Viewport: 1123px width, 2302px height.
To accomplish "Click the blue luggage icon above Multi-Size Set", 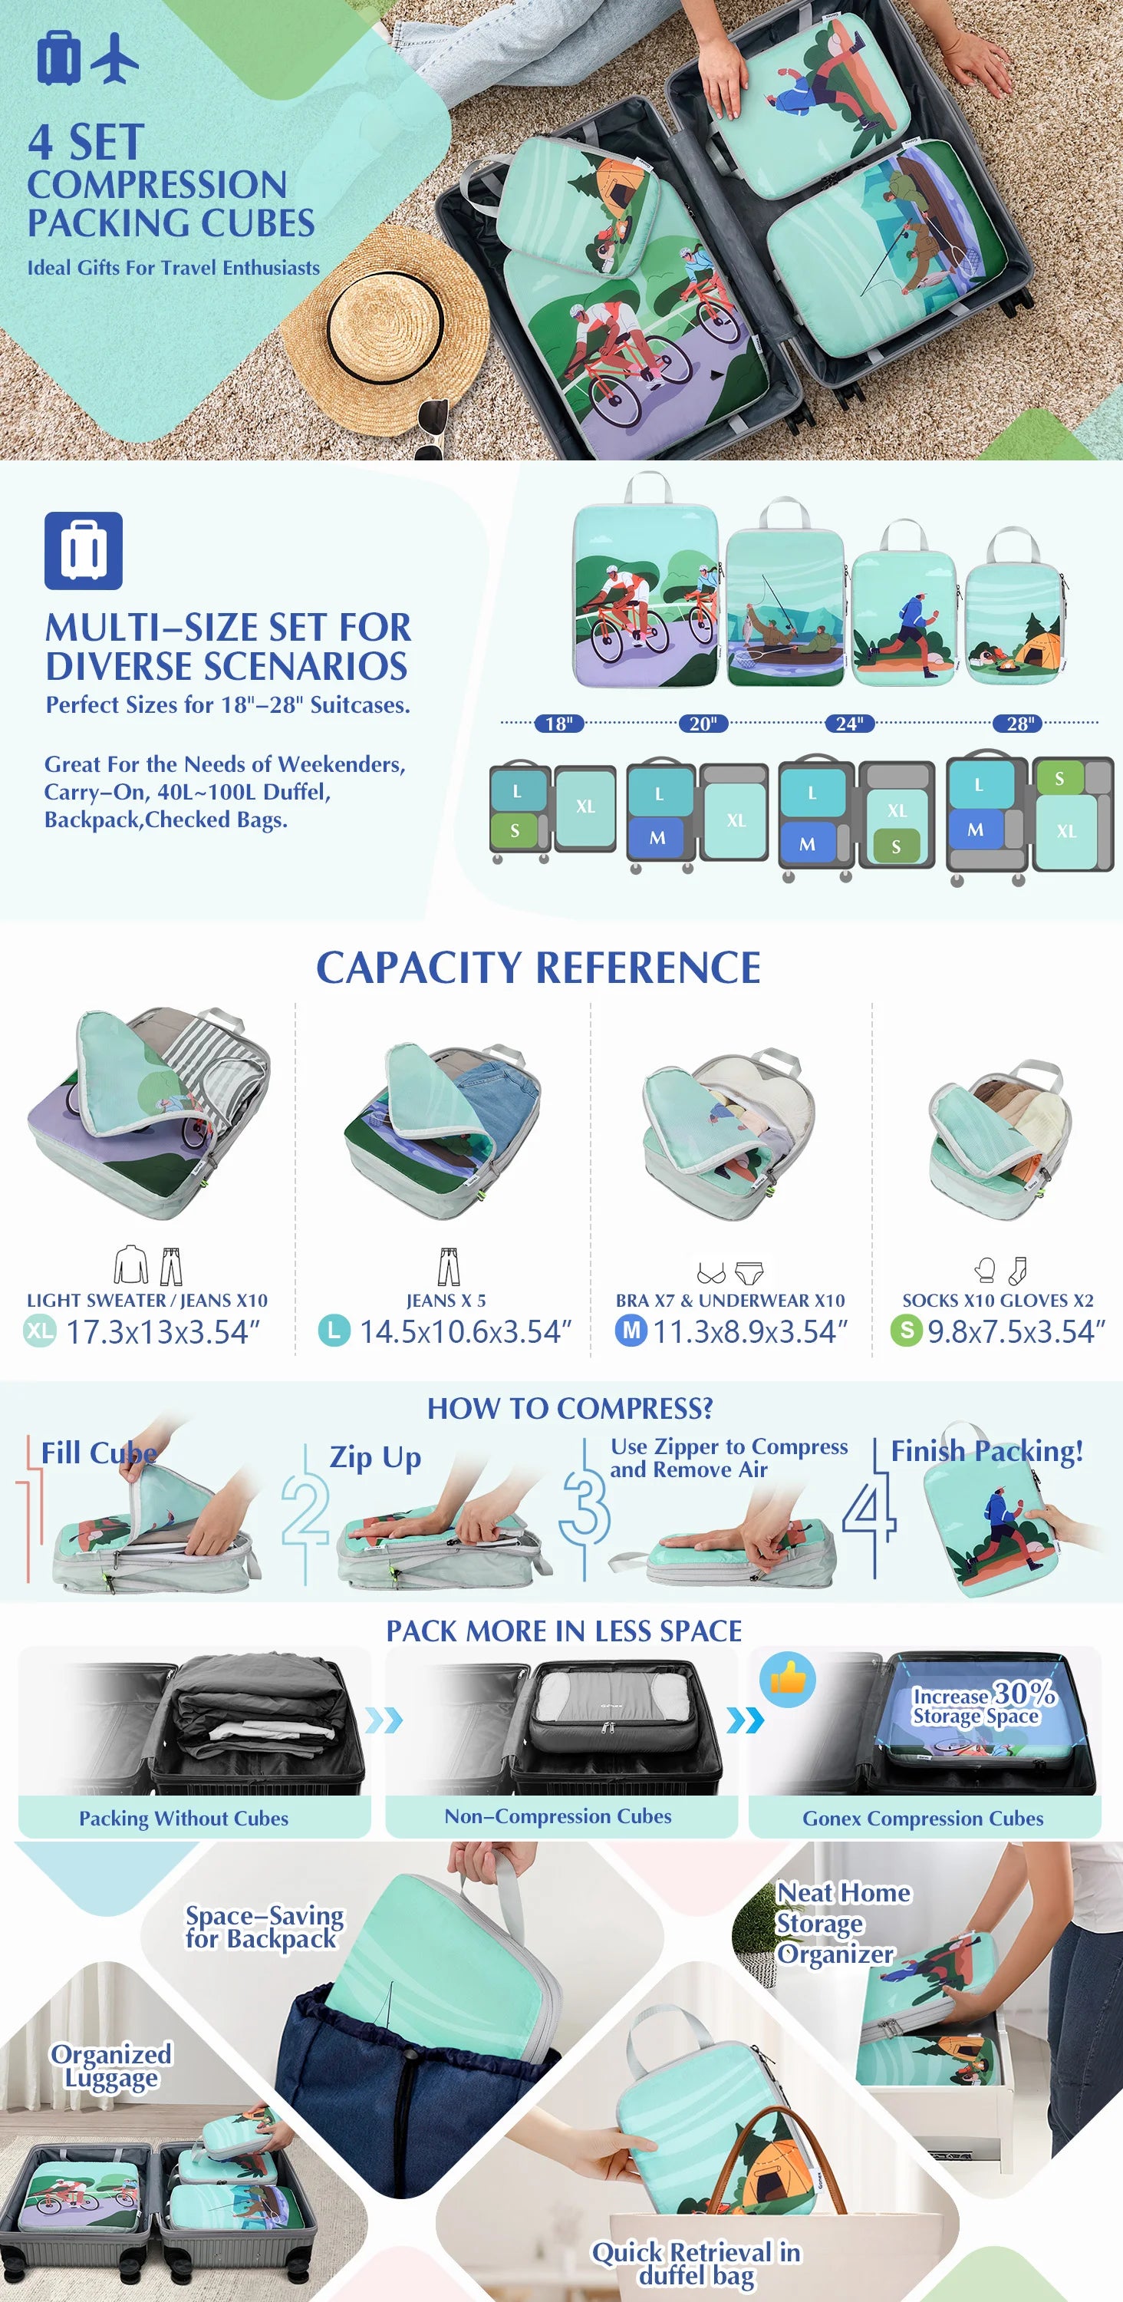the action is (83, 550).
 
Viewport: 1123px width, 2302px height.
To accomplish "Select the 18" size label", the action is (559, 723).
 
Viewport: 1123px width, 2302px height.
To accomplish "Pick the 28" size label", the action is (1019, 723).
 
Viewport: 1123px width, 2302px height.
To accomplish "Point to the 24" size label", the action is (848, 723).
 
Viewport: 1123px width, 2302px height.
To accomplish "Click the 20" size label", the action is (703, 723).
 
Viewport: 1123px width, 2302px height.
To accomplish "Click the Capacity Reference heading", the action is (538, 968).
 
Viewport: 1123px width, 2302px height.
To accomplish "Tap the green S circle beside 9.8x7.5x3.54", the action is (906, 1331).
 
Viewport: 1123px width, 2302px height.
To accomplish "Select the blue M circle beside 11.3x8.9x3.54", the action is (631, 1331).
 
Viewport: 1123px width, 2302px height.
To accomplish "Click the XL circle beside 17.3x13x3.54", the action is (39, 1331).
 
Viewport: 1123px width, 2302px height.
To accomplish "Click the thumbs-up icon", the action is (788, 1679).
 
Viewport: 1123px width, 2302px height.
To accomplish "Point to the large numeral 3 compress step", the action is (585, 1507).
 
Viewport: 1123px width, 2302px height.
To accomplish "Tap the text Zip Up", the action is (375, 1457).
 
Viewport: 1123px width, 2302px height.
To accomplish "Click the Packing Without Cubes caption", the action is (184, 1818).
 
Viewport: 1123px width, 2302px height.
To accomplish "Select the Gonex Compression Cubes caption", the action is (923, 1818).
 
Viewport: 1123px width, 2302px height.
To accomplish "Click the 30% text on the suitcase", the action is (1025, 1693).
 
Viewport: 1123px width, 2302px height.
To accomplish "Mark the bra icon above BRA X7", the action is (711, 1272).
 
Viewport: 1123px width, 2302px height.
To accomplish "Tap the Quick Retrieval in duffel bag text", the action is (696, 2264).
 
